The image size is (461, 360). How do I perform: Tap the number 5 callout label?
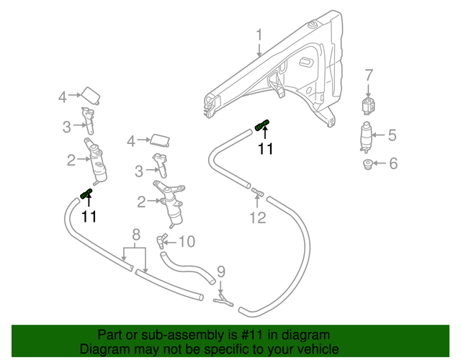click(x=393, y=135)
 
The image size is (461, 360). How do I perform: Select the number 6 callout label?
click(x=393, y=163)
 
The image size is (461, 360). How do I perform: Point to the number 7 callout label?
click(x=368, y=75)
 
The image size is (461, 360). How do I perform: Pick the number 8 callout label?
click(x=135, y=235)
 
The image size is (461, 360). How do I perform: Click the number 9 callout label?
click(x=221, y=271)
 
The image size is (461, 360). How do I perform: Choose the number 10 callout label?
click(x=187, y=242)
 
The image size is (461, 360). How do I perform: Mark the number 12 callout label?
click(x=257, y=217)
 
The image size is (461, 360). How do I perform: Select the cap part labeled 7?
click(x=369, y=104)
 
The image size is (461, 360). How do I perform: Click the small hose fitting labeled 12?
click(x=256, y=192)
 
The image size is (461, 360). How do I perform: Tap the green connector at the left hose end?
click(x=86, y=192)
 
